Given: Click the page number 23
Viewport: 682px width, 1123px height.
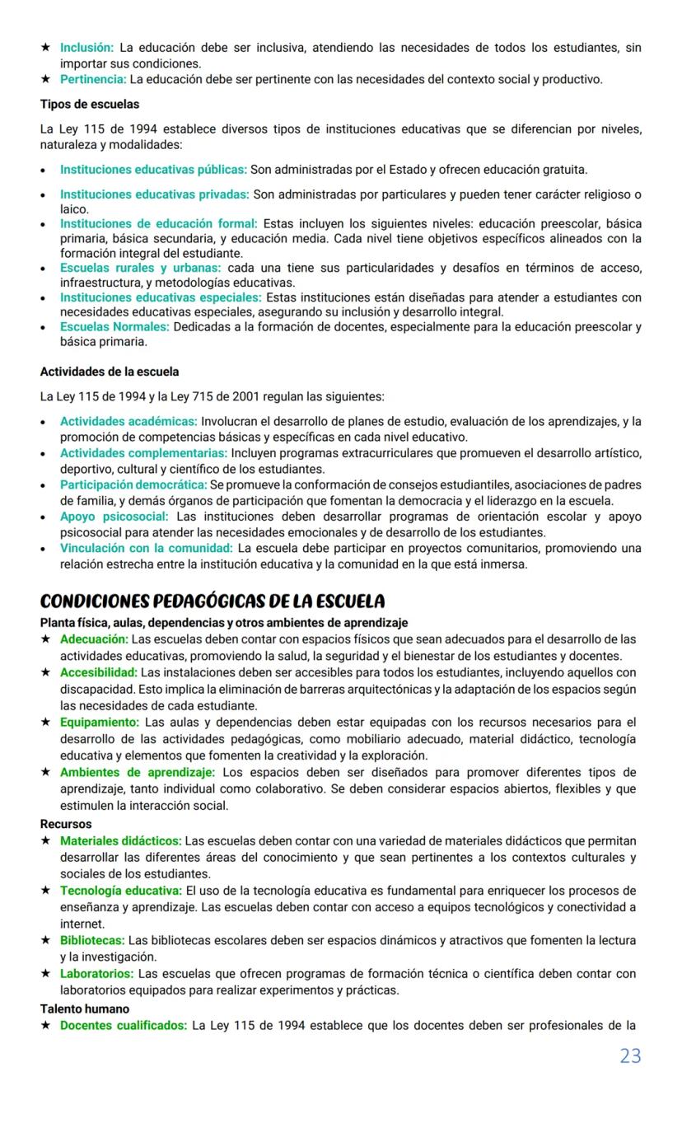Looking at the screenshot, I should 630,1055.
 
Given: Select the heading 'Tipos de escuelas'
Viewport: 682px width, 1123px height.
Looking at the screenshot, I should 90,105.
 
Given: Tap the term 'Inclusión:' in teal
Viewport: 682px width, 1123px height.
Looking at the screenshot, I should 86,49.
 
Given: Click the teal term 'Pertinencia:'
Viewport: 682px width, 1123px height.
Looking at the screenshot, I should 93,79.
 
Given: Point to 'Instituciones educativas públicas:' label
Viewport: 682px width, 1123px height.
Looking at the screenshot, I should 153,170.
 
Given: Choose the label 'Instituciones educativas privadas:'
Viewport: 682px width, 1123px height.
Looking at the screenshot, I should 154,194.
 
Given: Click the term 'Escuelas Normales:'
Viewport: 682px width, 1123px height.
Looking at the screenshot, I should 114,327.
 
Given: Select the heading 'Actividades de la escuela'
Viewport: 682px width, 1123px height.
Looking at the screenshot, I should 110,372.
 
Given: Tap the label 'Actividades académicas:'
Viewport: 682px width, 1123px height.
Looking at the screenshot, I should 128,422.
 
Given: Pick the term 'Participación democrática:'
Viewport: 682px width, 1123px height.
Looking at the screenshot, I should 133,484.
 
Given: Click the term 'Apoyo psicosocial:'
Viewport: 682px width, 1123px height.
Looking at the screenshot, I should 114,517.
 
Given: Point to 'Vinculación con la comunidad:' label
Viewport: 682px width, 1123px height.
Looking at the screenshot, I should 147,548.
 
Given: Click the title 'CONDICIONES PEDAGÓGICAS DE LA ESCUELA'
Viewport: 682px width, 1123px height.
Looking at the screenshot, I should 213,601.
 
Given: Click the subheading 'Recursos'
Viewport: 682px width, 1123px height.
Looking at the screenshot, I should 66,824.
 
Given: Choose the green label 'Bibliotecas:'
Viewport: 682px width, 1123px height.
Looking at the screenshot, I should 92,940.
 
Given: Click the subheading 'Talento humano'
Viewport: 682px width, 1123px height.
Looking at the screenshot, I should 85,1008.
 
